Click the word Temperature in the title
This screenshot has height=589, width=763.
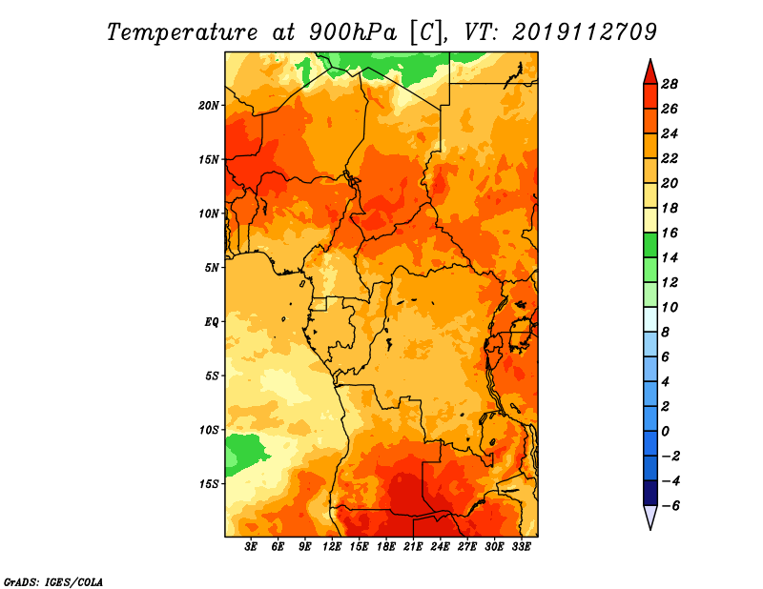(182, 32)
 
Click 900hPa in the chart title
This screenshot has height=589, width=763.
(353, 32)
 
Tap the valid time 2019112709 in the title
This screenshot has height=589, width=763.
(585, 32)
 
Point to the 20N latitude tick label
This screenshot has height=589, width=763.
(209, 106)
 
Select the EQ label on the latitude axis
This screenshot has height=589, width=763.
(212, 322)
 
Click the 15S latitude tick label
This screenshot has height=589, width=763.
(209, 484)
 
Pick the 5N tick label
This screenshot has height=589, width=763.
(212, 268)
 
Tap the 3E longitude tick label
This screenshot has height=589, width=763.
(251, 547)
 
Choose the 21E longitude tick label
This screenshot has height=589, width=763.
(413, 547)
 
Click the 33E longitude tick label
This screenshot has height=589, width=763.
(521, 547)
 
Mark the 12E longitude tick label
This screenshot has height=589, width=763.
(332, 547)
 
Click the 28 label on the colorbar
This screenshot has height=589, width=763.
(670, 84)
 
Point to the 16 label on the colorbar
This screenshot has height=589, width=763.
(670, 233)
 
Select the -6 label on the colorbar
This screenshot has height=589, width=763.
(670, 506)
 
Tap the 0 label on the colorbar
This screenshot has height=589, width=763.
(665, 432)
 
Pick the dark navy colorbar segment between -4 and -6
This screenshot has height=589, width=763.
(650, 493)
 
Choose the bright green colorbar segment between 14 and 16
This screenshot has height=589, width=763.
(650, 245)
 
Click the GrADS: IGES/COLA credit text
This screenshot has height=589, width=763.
(53, 582)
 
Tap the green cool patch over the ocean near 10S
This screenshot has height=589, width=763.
(243, 454)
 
